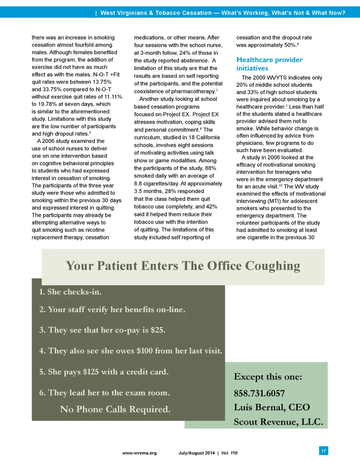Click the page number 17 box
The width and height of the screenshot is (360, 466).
coord(324,451)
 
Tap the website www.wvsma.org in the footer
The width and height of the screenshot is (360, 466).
coord(139,453)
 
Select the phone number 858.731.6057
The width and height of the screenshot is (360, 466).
coord(259,393)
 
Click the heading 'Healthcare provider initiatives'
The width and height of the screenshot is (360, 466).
coord(269,64)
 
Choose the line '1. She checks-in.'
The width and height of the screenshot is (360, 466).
coord(70,292)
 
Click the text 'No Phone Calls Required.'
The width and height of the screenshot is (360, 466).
coord(115,409)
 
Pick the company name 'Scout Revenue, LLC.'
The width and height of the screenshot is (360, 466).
coord(278,422)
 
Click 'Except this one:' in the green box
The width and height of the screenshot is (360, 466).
coord(268,377)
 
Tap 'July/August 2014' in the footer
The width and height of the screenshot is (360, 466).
coord(196,453)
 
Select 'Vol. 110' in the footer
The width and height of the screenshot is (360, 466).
coord(229,453)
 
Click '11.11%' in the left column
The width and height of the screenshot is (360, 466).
coord(113,97)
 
